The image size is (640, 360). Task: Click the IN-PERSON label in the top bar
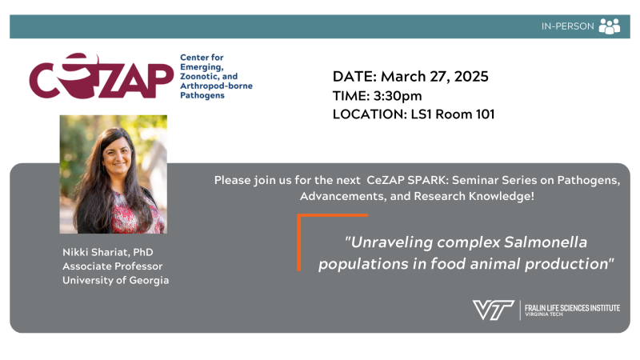click(x=567, y=26)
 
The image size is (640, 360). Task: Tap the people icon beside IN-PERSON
click(x=610, y=26)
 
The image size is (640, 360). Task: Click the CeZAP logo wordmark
click(x=102, y=76)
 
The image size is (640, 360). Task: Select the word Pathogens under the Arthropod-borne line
click(x=202, y=95)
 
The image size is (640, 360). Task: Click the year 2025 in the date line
click(x=471, y=76)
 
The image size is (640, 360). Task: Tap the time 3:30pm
click(x=398, y=96)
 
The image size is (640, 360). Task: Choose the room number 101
click(x=485, y=114)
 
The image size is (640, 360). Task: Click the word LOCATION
click(x=370, y=114)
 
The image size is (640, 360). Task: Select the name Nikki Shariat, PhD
click(x=108, y=252)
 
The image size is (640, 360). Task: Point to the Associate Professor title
click(x=112, y=266)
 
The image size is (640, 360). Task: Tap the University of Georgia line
click(x=115, y=281)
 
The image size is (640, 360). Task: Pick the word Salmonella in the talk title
click(x=546, y=242)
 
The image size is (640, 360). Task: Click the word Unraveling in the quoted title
click(x=391, y=242)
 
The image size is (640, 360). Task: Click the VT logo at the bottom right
click(x=493, y=310)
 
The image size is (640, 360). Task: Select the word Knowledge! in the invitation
click(x=502, y=196)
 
